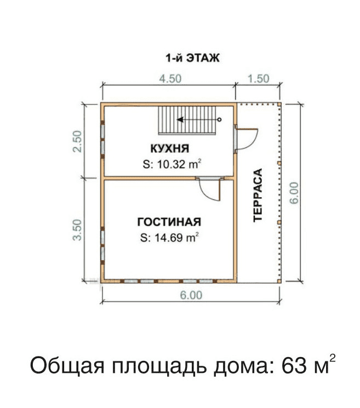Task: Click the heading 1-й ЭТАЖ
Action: point(193,58)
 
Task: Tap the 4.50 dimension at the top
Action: point(170,78)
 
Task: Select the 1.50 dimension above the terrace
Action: point(258,78)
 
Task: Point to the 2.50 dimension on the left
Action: point(77,141)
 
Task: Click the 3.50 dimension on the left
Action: point(77,230)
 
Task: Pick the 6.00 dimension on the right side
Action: point(294,193)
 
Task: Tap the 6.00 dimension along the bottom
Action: point(191,295)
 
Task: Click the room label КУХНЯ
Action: point(170,148)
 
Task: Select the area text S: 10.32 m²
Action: point(172,164)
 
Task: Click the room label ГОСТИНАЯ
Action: point(169,222)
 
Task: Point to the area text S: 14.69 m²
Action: point(170,237)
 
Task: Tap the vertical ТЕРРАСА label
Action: point(258,195)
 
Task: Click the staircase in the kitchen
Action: point(187,120)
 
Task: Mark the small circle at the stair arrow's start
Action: point(219,120)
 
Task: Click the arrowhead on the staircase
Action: point(180,120)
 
